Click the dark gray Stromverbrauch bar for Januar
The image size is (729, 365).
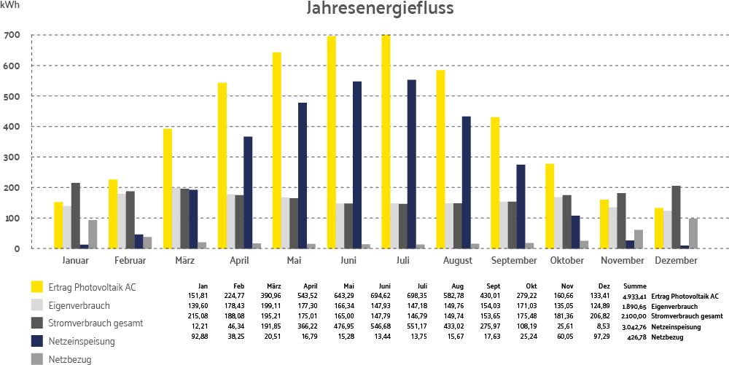(x=76, y=216)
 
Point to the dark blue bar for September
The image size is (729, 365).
(x=521, y=207)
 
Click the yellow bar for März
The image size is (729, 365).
(x=168, y=189)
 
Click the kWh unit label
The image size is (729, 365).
(x=10, y=5)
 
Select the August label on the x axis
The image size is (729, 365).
(x=457, y=260)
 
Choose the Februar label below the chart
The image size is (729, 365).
(x=130, y=260)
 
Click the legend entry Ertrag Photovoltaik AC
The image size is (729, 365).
(x=90, y=287)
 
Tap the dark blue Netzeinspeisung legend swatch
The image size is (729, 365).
(x=36, y=340)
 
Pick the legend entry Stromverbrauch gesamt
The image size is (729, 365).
(x=94, y=323)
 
